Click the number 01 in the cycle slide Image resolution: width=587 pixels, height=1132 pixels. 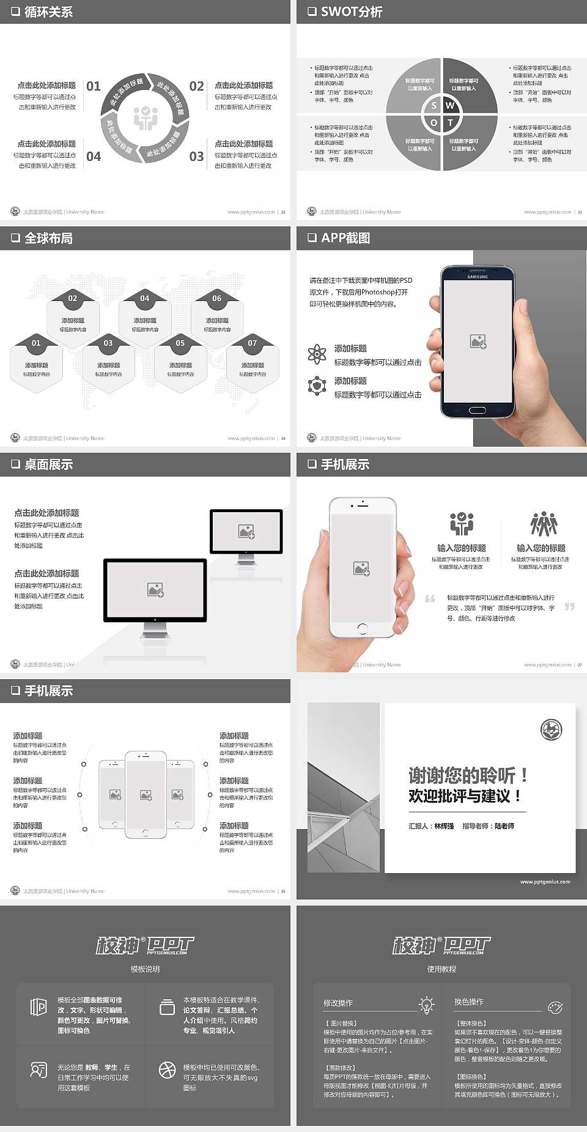[x=94, y=86]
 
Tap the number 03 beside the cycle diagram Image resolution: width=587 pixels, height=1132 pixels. [x=196, y=157]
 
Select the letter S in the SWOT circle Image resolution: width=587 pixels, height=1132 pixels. [x=434, y=105]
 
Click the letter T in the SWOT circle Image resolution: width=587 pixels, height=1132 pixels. [x=451, y=122]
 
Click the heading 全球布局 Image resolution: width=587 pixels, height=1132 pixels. [x=48, y=238]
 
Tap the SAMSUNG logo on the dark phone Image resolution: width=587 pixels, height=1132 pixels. [x=478, y=277]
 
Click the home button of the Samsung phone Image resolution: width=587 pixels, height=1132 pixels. [x=478, y=409]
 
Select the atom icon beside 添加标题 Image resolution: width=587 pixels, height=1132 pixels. [x=317, y=354]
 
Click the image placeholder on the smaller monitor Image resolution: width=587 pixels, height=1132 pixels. [x=246, y=532]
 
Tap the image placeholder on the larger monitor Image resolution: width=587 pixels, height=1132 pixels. [x=155, y=589]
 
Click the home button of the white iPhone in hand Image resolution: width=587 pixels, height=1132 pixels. [x=362, y=628]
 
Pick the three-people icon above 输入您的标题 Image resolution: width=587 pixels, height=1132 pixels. [x=544, y=524]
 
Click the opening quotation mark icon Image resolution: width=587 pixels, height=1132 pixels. [x=430, y=598]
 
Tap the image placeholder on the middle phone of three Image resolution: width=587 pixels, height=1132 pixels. [x=146, y=795]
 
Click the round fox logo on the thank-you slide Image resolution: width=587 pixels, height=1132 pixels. [x=551, y=729]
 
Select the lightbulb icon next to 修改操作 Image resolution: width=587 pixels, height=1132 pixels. [x=426, y=1004]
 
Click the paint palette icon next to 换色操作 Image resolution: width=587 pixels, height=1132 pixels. [x=555, y=1007]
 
